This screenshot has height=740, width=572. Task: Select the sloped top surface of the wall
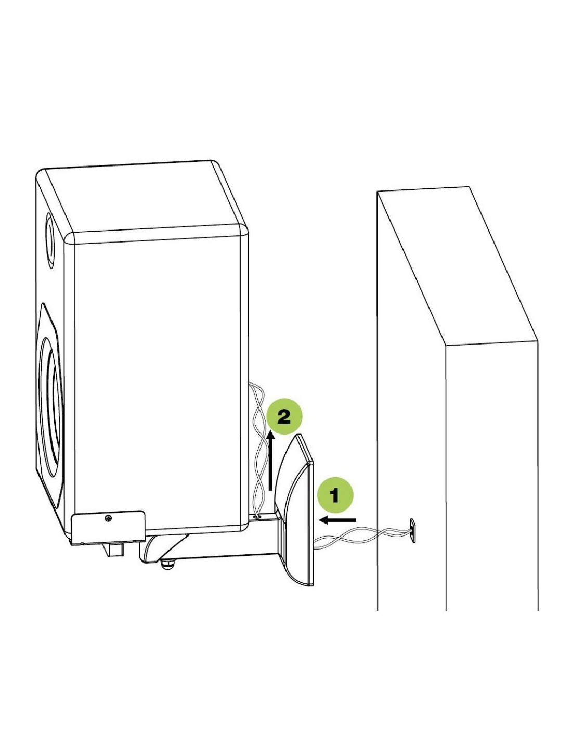click(x=456, y=265)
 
